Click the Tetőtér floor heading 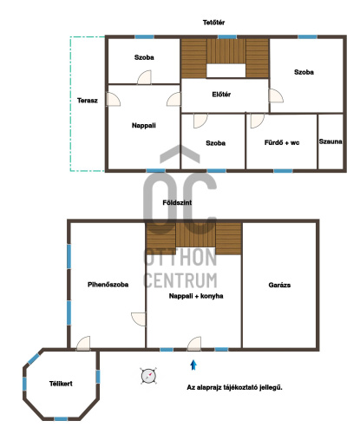click(213, 23)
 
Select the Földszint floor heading click(177, 202)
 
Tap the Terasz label click(88, 101)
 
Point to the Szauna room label click(331, 141)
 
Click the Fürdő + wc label click(282, 142)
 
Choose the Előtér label click(221, 95)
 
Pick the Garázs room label click(279, 285)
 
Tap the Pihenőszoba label click(108, 285)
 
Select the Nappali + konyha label click(196, 296)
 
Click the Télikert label click(61, 384)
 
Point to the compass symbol click(148, 376)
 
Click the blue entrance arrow click(193, 365)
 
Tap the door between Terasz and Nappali click(113, 99)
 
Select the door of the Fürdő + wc click(257, 121)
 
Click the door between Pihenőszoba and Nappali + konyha click(139, 319)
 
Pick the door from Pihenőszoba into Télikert click(83, 344)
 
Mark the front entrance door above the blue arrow click(194, 344)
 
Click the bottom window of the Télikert click(61, 418)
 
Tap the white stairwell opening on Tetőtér click(226, 71)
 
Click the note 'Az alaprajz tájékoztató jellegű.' click(234, 387)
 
